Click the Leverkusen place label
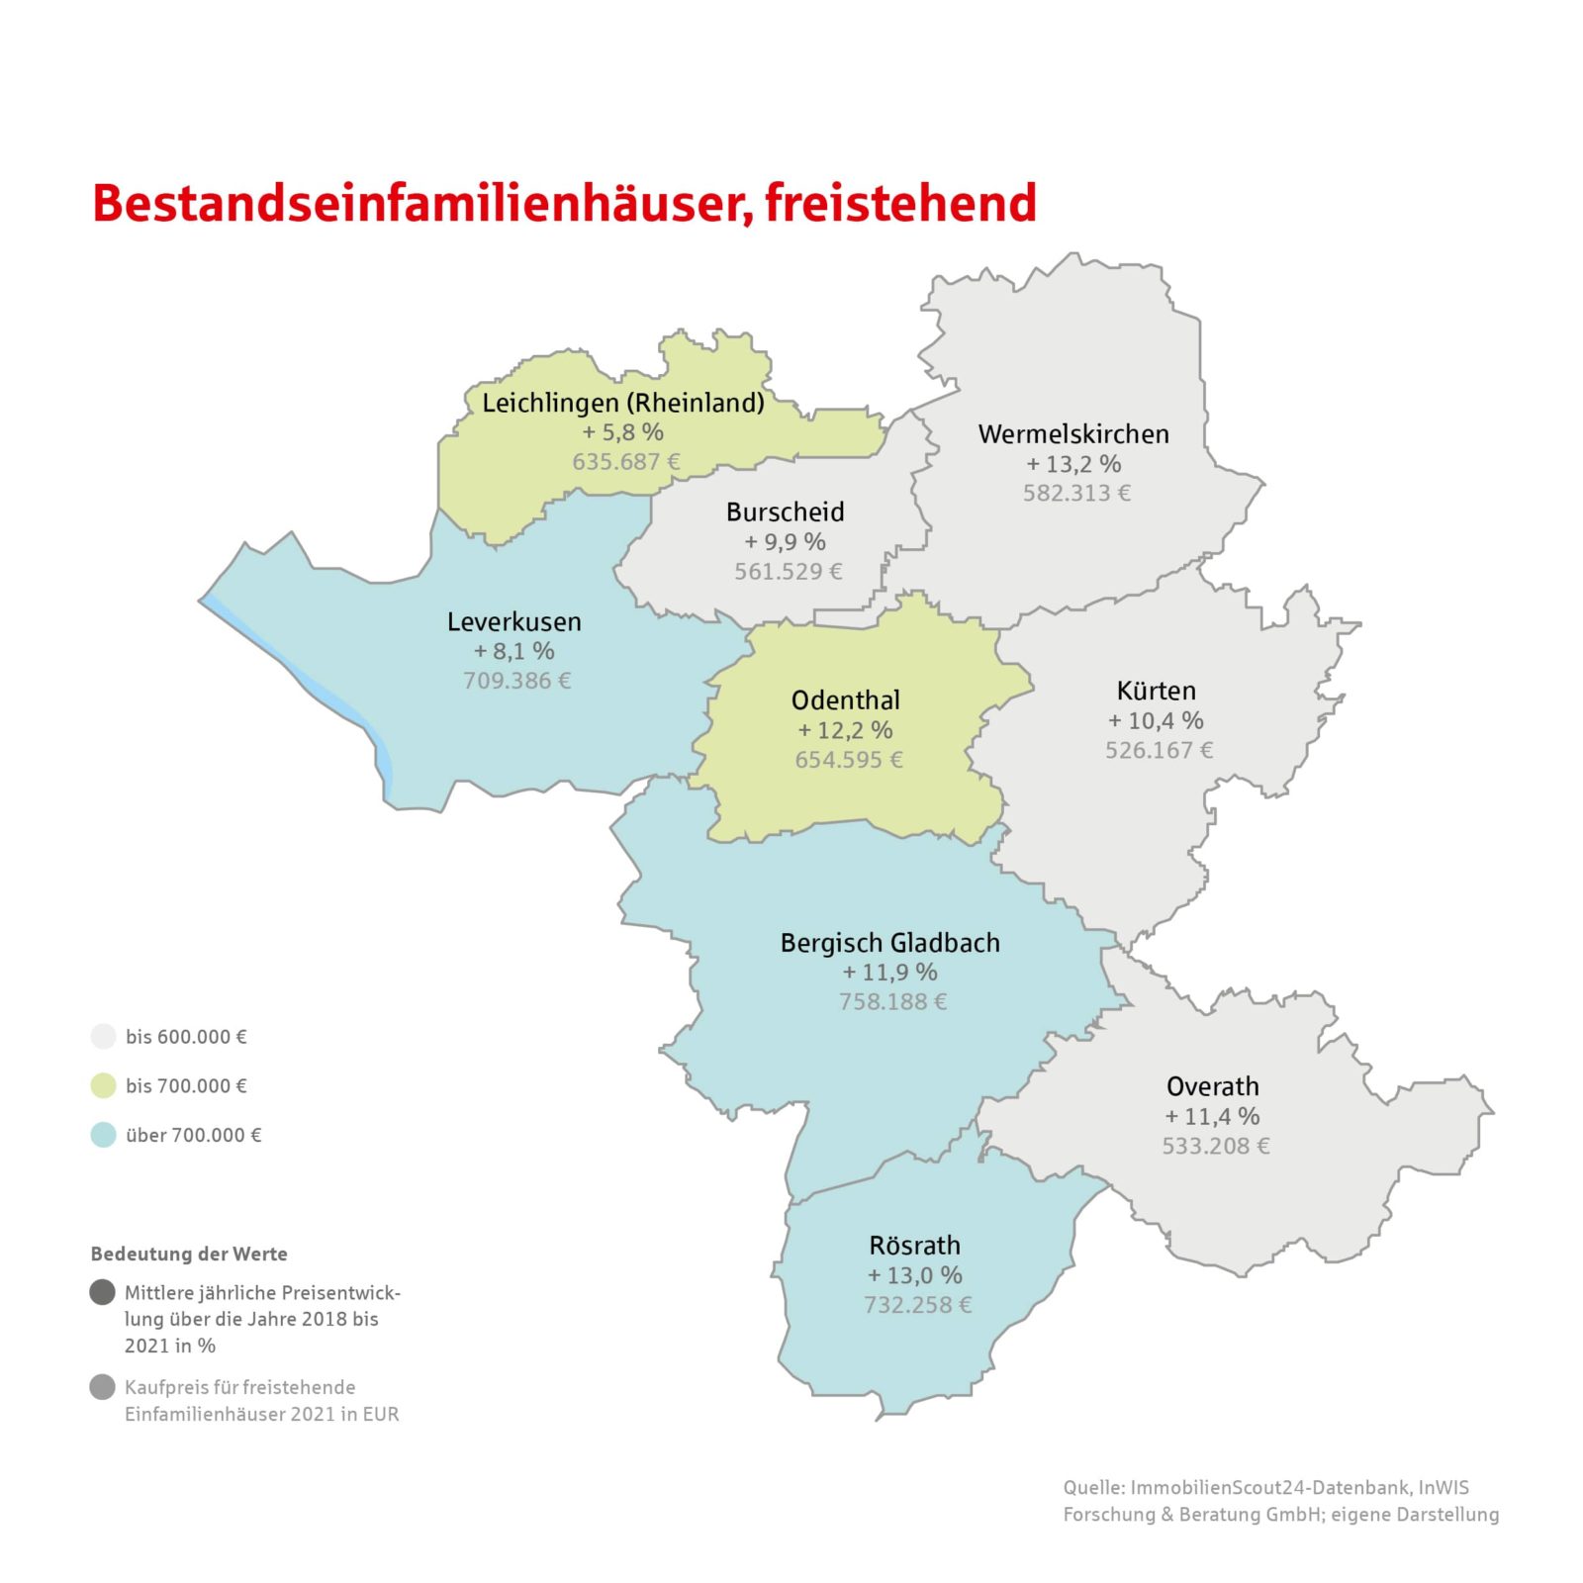point(513,621)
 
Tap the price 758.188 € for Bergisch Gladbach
point(892,1001)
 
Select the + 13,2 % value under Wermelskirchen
point(1073,463)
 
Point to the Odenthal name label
point(845,699)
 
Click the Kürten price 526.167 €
point(1159,750)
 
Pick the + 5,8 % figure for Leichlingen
point(622,431)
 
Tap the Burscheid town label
point(785,512)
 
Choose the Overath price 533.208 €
point(1215,1146)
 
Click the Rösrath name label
point(914,1245)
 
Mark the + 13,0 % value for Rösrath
point(914,1274)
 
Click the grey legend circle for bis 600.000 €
point(103,1036)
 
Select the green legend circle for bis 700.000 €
point(103,1085)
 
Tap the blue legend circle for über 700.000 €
point(103,1135)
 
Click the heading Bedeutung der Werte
point(189,1254)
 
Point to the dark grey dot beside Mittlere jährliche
point(102,1292)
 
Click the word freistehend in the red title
point(900,203)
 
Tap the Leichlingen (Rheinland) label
point(622,403)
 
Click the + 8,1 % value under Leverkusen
point(513,651)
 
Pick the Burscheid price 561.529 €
point(788,571)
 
